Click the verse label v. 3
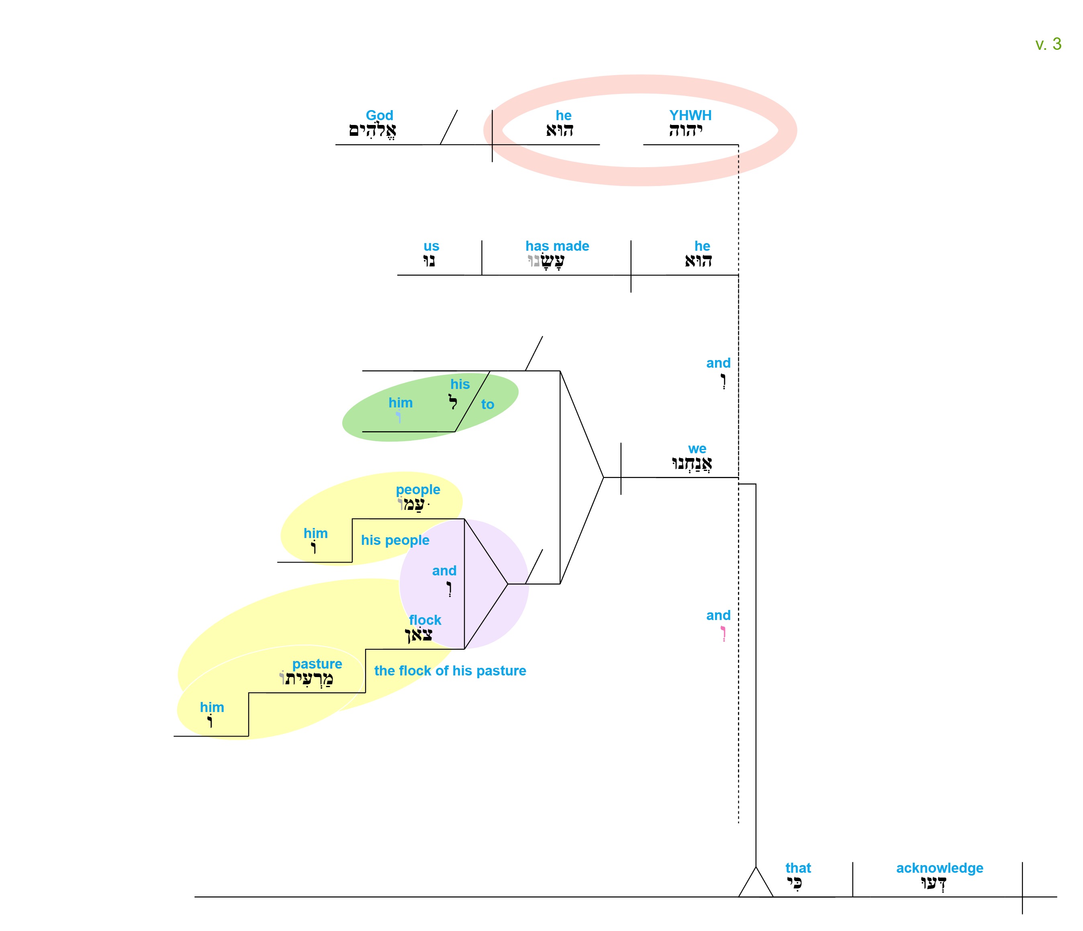click(1048, 44)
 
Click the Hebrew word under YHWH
click(685, 130)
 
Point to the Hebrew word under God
click(373, 131)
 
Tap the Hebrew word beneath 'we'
click(691, 464)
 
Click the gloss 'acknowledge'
click(940, 868)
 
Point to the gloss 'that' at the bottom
click(798, 868)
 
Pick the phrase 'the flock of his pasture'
click(450, 671)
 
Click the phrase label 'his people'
click(395, 540)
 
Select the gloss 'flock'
click(425, 620)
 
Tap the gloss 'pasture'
click(317, 664)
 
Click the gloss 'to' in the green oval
click(488, 404)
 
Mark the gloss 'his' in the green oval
click(460, 384)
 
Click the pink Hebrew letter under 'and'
click(723, 634)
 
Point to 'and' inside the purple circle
click(444, 571)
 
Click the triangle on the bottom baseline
click(756, 883)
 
